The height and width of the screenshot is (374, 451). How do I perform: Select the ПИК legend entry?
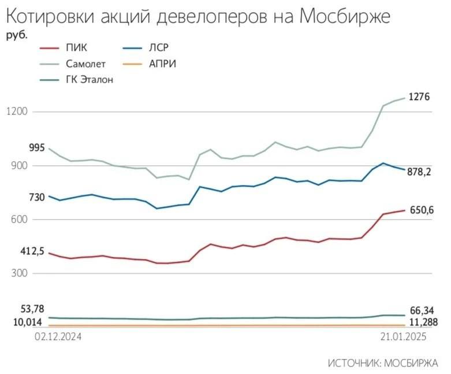point(76,48)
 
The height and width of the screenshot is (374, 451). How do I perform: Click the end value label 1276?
point(419,97)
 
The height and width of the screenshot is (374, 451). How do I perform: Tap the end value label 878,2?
point(420,172)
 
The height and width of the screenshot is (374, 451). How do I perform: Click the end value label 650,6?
point(422,210)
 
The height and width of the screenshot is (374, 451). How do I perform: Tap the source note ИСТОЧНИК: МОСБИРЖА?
point(382,363)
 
